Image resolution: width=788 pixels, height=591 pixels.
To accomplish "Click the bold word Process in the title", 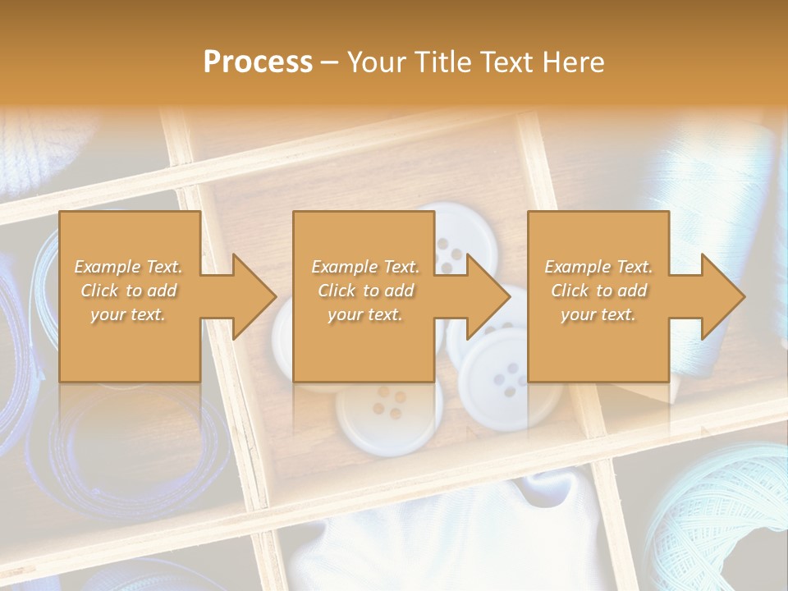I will [x=258, y=62].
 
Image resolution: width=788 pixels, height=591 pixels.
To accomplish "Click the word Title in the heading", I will [x=440, y=62].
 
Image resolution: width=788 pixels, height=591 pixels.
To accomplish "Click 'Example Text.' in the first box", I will [x=128, y=267].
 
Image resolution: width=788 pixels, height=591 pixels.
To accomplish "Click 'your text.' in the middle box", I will [x=364, y=314].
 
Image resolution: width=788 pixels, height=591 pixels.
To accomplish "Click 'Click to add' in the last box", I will [x=598, y=291].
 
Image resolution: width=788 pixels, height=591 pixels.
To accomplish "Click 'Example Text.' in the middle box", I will [x=364, y=267].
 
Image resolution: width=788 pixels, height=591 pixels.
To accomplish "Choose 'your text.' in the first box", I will [x=128, y=314].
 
